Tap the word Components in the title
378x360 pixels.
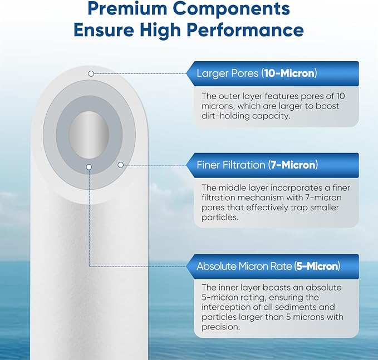click(x=237, y=9)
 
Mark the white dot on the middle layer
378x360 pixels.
click(x=120, y=164)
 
